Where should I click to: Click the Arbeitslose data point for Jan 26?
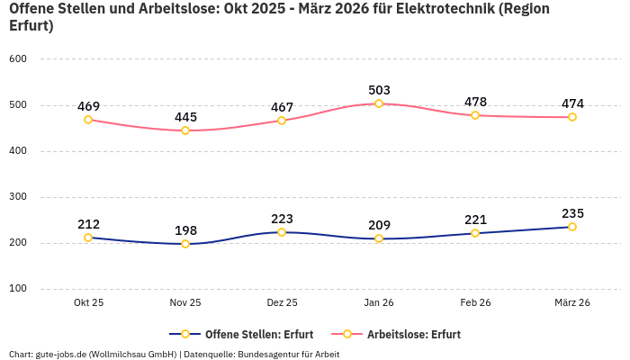(379, 103)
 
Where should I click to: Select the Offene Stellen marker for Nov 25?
(185, 244)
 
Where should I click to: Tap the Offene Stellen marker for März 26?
(572, 227)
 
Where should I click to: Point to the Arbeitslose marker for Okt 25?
(88, 120)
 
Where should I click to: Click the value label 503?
(379, 90)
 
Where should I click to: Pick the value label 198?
(185, 230)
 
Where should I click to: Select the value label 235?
(572, 213)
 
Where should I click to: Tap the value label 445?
(185, 117)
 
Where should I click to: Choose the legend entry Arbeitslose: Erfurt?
(413, 334)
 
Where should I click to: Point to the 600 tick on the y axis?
(18, 58)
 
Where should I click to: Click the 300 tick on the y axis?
(18, 196)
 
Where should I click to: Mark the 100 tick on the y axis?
(18, 289)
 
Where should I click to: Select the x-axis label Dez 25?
(282, 302)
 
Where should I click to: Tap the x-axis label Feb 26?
(475, 302)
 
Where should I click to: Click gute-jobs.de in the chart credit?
(59, 354)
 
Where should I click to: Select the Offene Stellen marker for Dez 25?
(282, 232)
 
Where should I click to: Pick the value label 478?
(475, 102)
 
